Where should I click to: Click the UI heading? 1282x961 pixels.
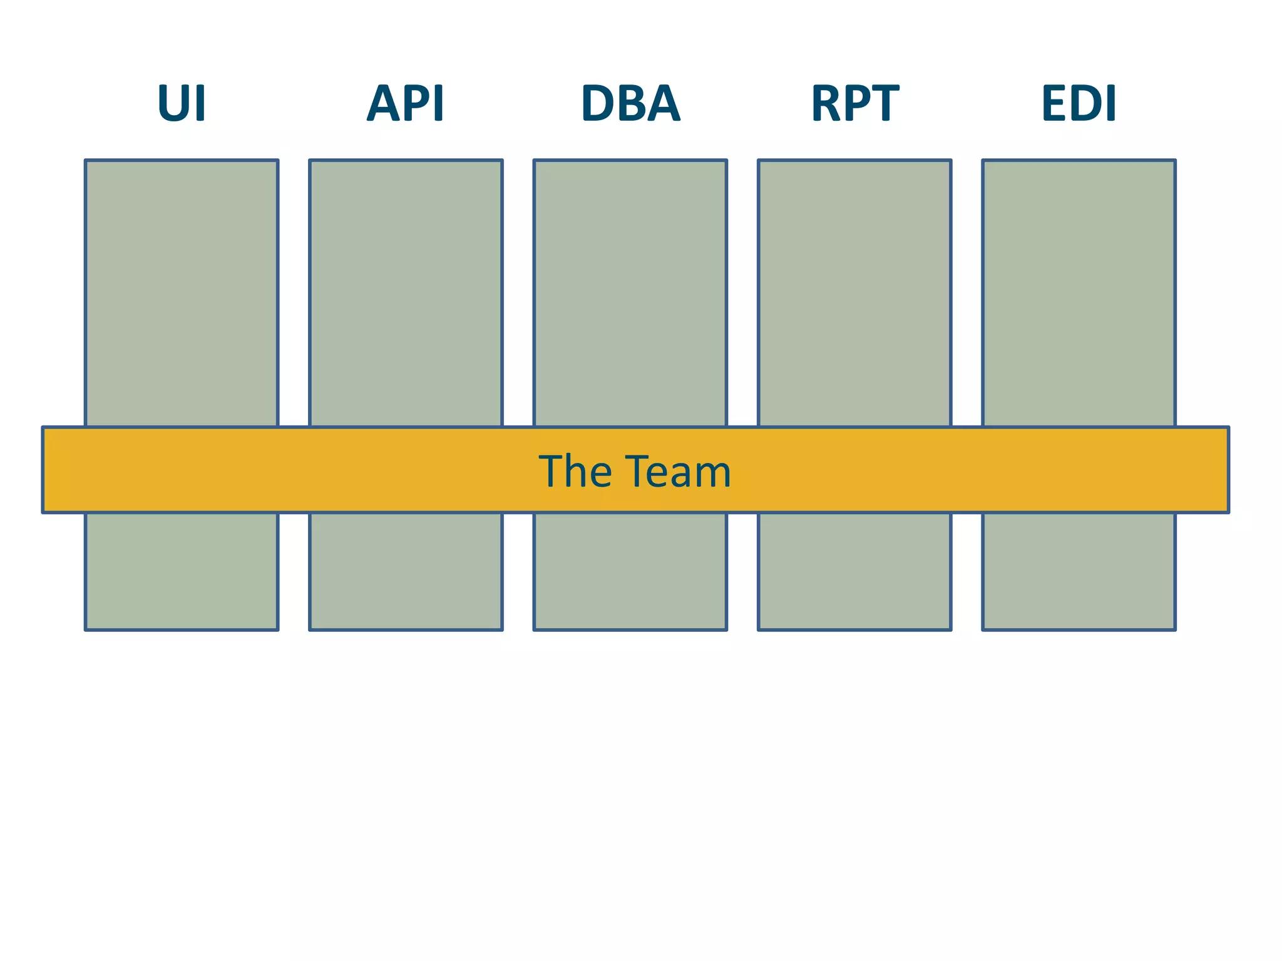[182, 103]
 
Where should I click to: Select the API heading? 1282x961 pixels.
[406, 103]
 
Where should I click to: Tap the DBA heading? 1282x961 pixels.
[630, 103]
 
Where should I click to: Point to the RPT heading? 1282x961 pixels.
[854, 103]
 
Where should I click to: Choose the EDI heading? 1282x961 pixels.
[1079, 103]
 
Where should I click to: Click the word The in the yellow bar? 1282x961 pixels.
[575, 471]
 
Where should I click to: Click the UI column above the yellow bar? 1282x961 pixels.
[182, 293]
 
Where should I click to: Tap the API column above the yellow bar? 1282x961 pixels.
[406, 293]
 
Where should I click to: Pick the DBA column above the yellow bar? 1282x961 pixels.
[630, 293]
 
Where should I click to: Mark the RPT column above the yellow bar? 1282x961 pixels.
[854, 293]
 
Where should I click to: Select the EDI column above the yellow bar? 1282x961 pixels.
[1079, 293]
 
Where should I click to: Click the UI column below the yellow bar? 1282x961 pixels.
[182, 571]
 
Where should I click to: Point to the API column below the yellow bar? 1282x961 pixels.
[406, 571]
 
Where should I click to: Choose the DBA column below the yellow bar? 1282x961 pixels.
[630, 571]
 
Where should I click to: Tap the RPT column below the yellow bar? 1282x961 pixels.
[854, 571]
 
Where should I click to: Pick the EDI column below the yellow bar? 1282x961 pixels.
[1079, 571]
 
